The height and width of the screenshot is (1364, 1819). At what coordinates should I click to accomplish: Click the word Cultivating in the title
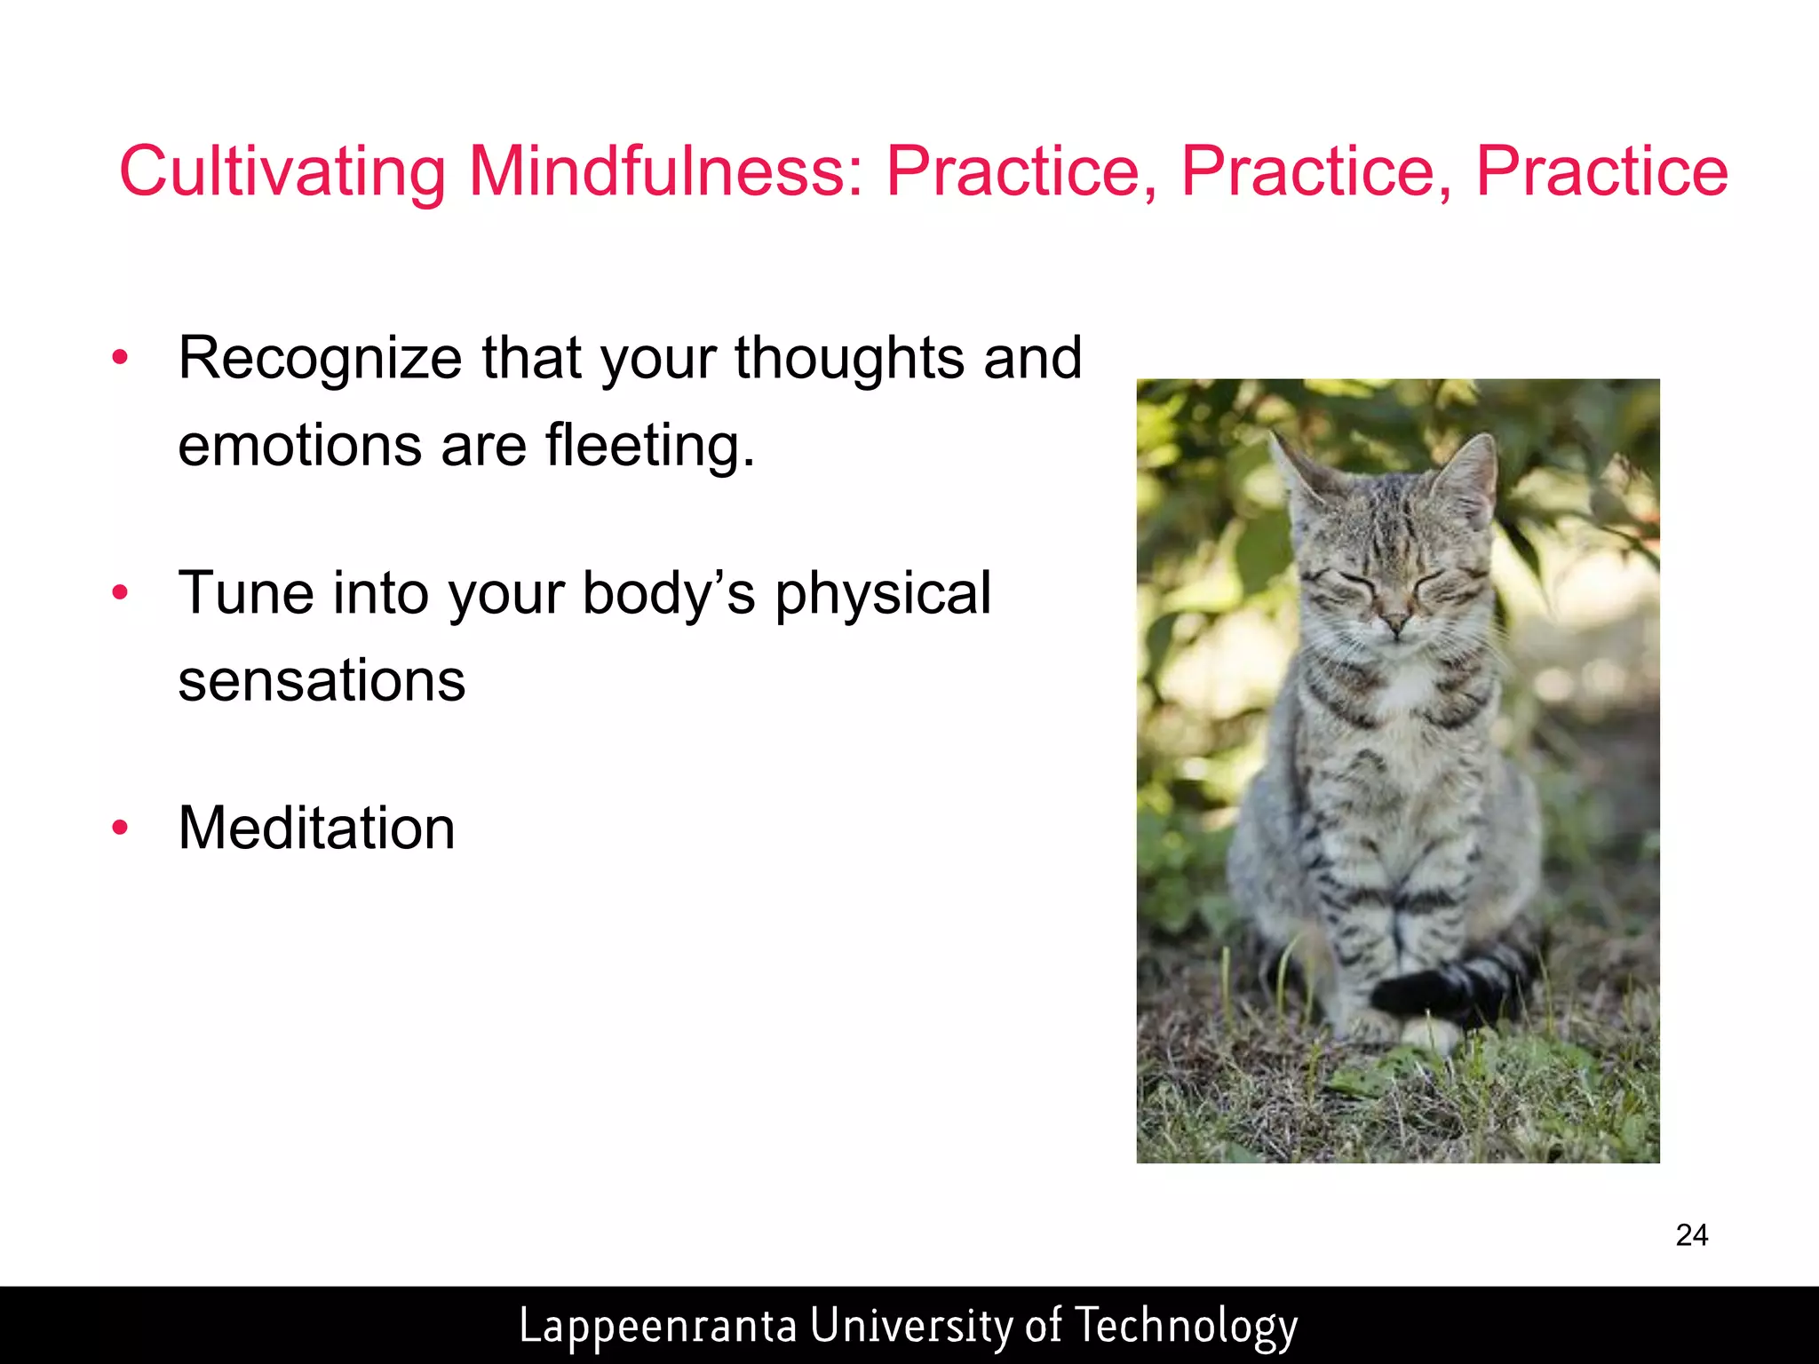click(282, 170)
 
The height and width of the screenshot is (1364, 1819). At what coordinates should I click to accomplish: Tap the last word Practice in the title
click(1601, 170)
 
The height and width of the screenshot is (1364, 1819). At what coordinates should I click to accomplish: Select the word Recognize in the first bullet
click(320, 359)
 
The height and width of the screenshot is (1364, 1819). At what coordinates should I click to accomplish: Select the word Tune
click(246, 593)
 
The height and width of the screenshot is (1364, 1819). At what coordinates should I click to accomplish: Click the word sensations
click(322, 680)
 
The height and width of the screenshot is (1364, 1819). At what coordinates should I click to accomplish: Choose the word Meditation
click(316, 828)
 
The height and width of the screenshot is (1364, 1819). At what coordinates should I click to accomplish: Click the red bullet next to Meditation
click(121, 829)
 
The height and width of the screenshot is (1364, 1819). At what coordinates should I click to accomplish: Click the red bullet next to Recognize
click(121, 359)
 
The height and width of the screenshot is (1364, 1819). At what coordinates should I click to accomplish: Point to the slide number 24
click(1691, 1235)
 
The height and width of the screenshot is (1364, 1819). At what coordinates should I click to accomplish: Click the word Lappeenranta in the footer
click(657, 1325)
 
